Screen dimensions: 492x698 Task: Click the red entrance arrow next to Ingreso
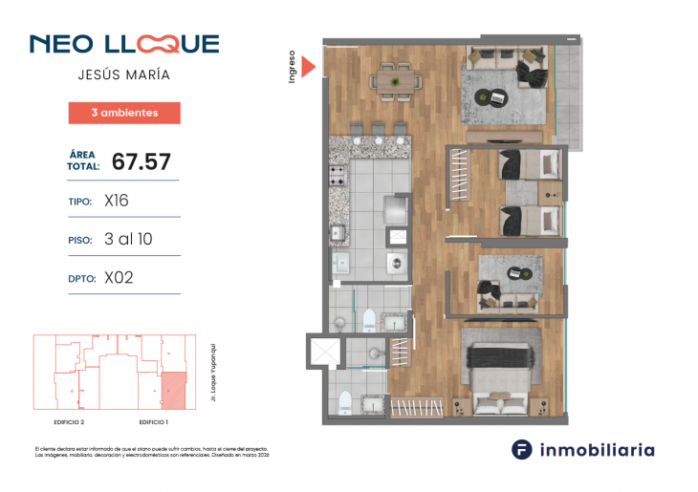[308, 66]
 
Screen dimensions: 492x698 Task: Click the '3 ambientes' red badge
[124, 113]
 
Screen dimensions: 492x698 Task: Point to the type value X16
[117, 202]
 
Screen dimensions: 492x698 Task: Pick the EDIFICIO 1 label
[153, 421]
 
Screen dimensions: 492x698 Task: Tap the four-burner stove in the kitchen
[338, 176]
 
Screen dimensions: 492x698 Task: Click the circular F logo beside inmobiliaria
[522, 449]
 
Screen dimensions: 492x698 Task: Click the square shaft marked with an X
[326, 353]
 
